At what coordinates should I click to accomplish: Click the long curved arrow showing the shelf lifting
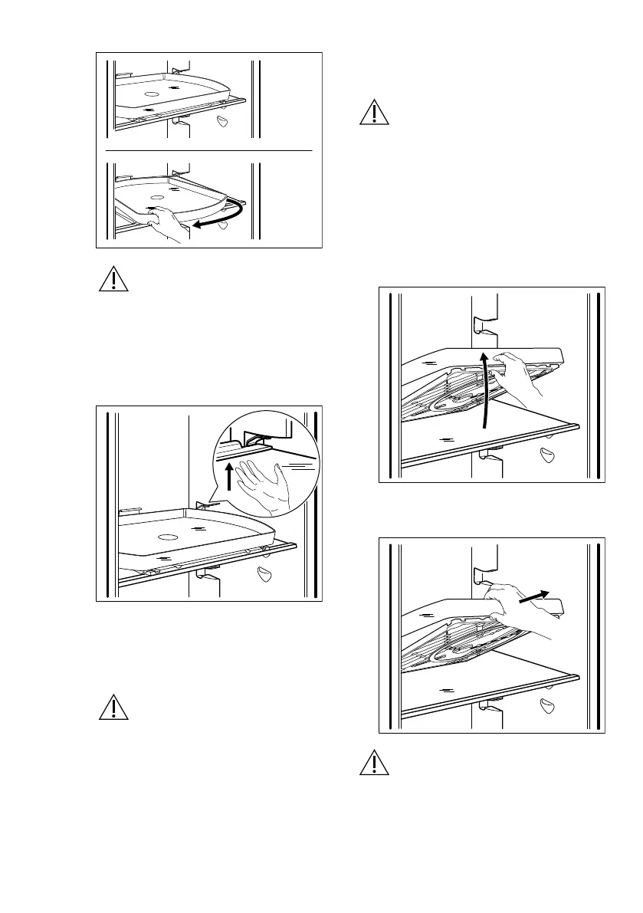pos(484,391)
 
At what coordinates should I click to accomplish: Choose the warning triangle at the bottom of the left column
pos(113,708)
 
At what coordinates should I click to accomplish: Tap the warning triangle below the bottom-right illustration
pos(374,764)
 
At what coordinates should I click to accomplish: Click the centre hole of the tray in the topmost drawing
pos(151,94)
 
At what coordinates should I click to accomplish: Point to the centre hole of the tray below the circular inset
pos(167,534)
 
